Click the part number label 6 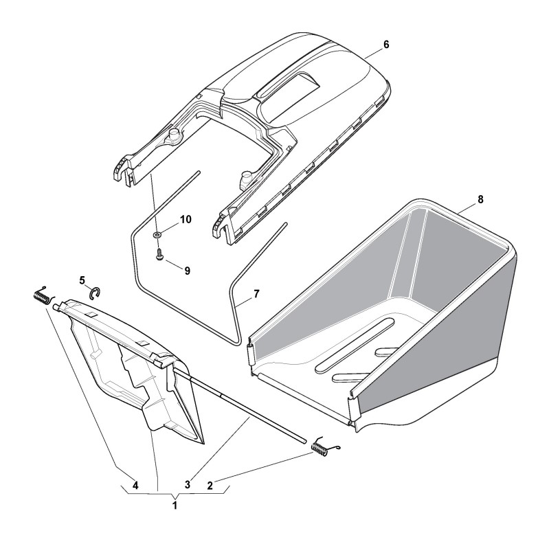click(x=386, y=45)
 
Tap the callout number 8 click(x=480, y=199)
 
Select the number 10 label click(x=186, y=220)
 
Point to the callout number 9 click(x=187, y=271)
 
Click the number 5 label click(x=82, y=280)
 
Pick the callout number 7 click(x=256, y=294)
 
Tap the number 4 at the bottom click(x=135, y=486)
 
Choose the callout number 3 click(x=188, y=485)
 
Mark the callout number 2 click(x=210, y=486)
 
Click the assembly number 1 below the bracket click(x=175, y=506)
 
